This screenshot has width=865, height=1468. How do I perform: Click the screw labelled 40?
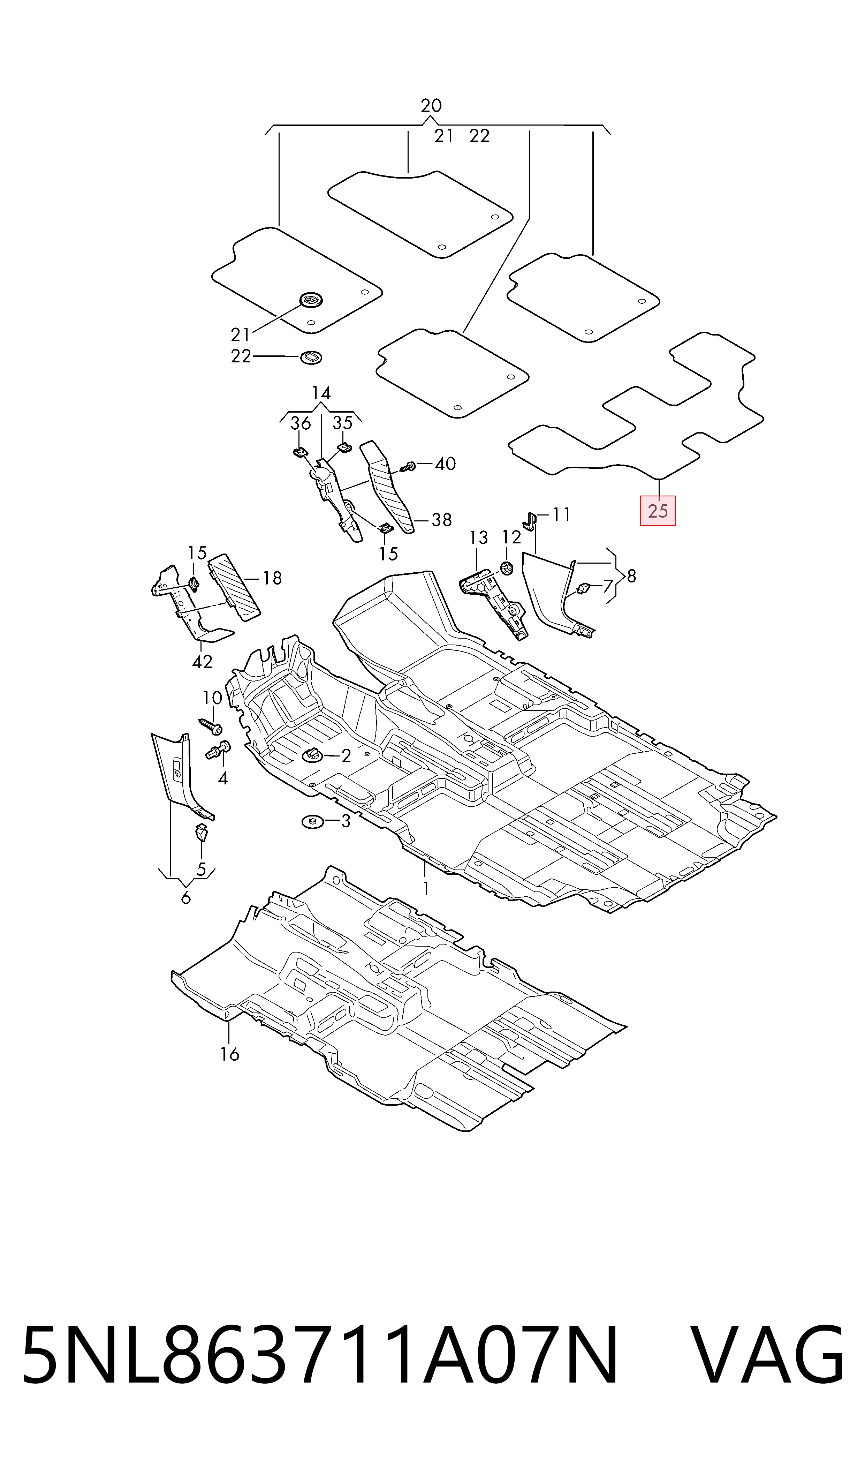[408, 466]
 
